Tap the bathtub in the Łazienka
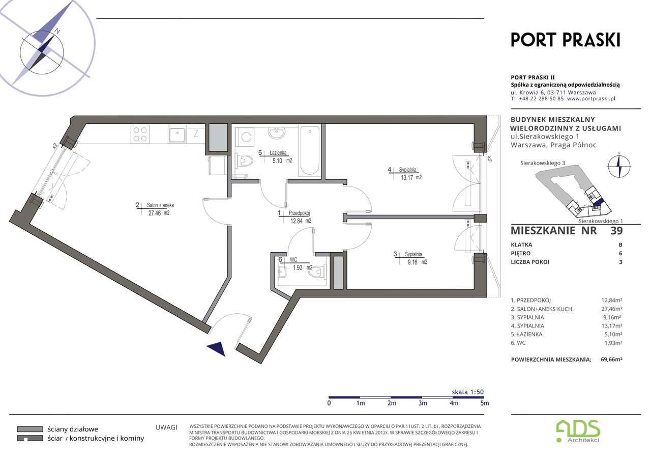point(310,150)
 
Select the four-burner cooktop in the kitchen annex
point(140,134)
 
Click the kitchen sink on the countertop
point(176,135)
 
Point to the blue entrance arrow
point(217,348)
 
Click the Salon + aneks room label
point(160,205)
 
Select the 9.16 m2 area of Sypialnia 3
point(418,262)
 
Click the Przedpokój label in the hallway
point(299,213)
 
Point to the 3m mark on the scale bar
point(423,403)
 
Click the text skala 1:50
point(467,392)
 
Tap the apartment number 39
point(616,230)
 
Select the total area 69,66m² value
point(611,359)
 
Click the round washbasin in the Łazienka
point(277,133)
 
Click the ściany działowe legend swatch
point(30,429)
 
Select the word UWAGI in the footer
point(166,427)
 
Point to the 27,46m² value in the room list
point(611,309)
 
